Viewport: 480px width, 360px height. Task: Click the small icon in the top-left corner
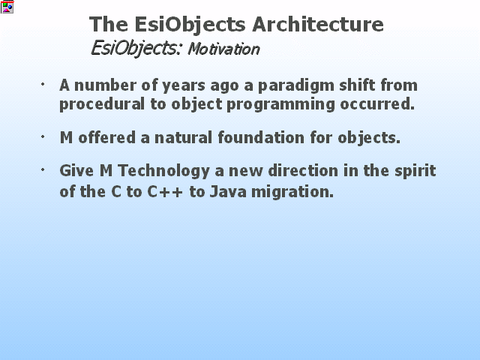tap(7, 7)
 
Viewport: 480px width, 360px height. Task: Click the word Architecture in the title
tap(318, 24)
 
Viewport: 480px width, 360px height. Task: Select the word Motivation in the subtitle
tap(223, 49)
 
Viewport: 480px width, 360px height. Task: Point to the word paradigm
tap(296, 86)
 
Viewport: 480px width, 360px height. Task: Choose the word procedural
tap(102, 104)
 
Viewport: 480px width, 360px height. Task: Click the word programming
tap(280, 105)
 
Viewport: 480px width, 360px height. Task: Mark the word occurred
tap(377, 104)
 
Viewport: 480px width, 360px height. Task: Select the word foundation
tap(261, 137)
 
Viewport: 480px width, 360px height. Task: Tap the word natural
tap(183, 137)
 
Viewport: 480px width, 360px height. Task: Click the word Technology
tap(163, 171)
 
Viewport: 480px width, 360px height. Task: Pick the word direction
tap(303, 170)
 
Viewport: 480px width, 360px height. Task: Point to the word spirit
tap(415, 171)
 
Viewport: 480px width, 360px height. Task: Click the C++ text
tap(165, 192)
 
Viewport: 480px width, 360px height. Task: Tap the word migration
tap(292, 193)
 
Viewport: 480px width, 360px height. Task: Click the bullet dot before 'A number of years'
tap(43, 84)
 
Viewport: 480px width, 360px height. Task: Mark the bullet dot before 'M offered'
tap(43, 136)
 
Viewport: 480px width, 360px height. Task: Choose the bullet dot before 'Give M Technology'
tap(43, 169)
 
